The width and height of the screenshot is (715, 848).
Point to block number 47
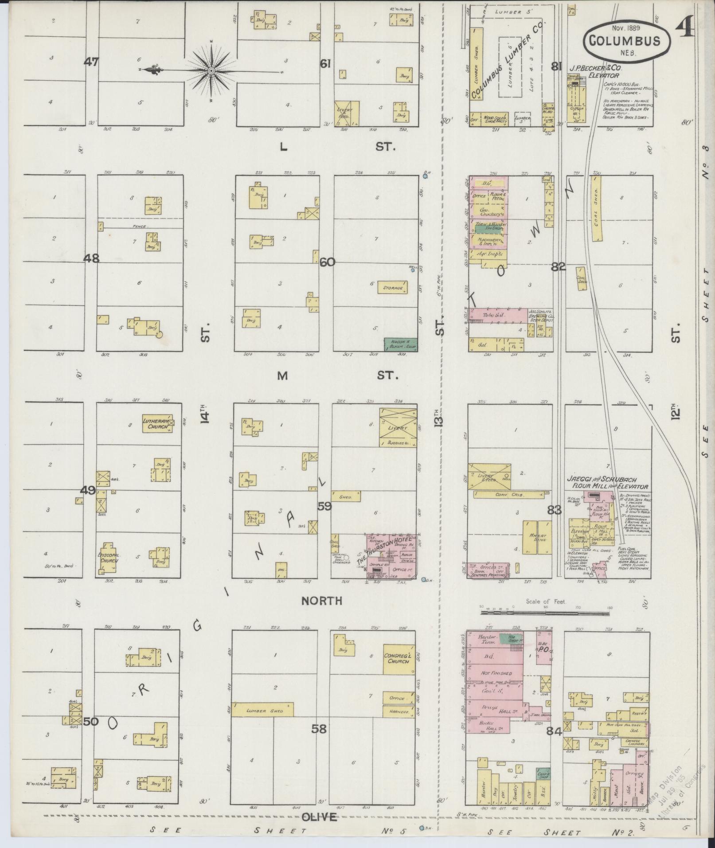[92, 62]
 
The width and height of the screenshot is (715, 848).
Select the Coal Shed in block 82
[597, 208]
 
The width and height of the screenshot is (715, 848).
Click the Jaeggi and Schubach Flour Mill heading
[607, 482]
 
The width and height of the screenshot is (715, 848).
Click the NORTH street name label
[321, 601]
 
